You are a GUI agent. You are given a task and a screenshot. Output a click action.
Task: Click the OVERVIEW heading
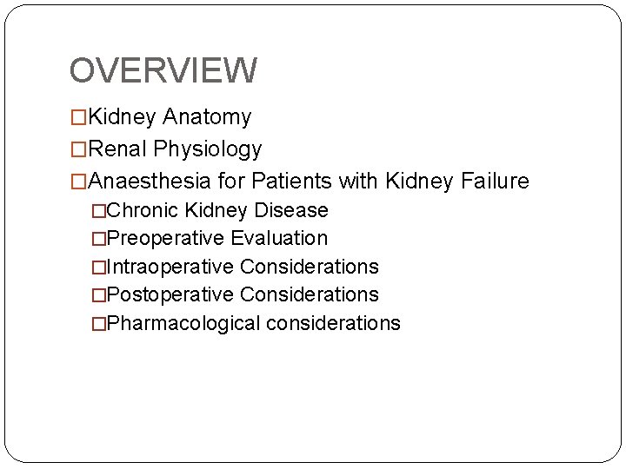pos(163,70)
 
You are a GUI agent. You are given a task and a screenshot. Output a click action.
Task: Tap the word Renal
pos(118,149)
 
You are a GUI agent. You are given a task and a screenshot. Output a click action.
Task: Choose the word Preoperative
pos(165,238)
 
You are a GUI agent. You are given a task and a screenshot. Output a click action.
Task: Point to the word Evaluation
pos(279,238)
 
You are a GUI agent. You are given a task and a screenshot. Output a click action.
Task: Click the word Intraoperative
pos(170,267)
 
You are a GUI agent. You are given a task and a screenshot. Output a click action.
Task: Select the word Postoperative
pos(170,294)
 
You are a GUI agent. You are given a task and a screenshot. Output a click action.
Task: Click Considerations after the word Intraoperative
pos(310,267)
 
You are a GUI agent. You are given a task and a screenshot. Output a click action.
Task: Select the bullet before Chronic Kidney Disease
pos(98,210)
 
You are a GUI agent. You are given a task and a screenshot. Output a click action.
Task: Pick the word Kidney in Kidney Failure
pos(418,182)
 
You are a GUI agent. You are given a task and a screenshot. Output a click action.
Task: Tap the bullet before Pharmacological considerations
pos(98,323)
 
